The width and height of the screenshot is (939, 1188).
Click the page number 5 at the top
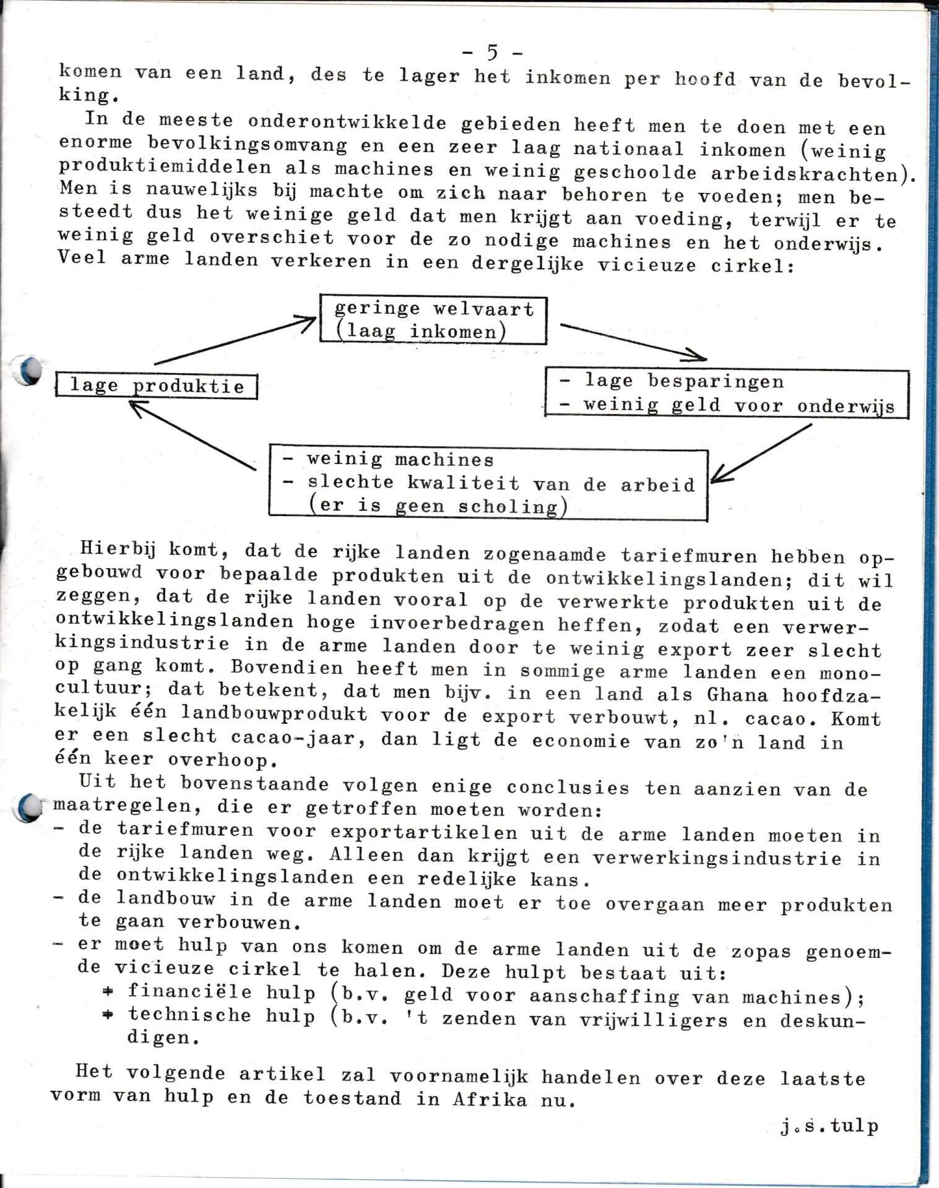[492, 53]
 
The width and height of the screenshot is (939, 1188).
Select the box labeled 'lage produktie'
[156, 386]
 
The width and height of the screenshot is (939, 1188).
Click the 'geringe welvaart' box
[433, 319]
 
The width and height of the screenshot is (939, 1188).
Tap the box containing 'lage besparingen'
[727, 394]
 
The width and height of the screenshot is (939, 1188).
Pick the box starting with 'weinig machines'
[488, 483]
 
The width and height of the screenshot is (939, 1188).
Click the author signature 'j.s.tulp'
[829, 1127]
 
